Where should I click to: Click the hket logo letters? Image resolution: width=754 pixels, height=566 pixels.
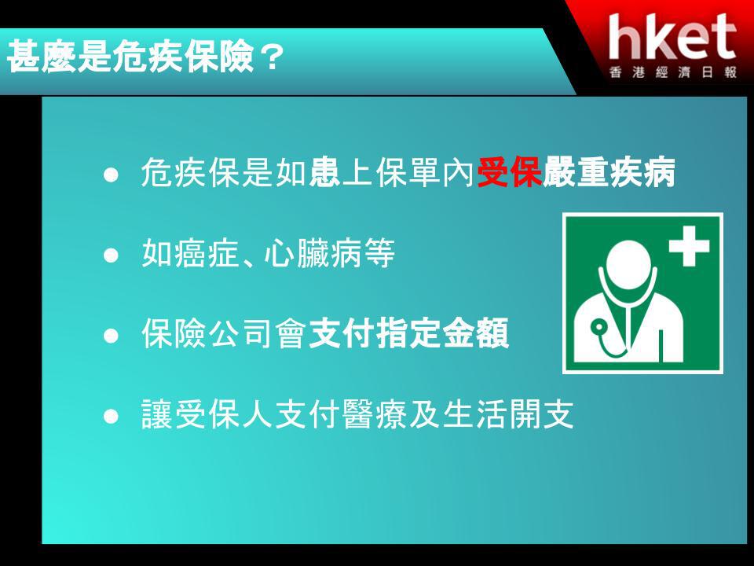click(672, 37)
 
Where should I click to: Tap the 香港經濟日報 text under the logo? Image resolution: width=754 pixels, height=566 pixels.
click(673, 72)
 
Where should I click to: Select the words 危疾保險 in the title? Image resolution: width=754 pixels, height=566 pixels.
click(183, 57)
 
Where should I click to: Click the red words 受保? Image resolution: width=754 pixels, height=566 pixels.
click(510, 172)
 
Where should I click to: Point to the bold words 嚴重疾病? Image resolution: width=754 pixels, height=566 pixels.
click(609, 172)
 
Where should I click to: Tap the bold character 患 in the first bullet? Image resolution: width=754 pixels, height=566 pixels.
click(324, 172)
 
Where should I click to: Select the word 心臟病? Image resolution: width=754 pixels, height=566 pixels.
click(312, 253)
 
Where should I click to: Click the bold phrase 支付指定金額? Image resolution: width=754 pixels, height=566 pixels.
click(408, 333)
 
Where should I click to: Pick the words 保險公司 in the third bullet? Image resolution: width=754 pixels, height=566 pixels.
click(207, 333)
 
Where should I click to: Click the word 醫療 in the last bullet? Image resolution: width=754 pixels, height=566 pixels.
click(375, 414)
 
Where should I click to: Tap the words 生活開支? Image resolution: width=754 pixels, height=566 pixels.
click(508, 414)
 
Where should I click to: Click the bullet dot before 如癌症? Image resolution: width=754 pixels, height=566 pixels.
click(111, 255)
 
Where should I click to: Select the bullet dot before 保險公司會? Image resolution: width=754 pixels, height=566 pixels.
click(111, 336)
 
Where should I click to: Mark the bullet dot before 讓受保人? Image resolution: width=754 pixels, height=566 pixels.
click(111, 416)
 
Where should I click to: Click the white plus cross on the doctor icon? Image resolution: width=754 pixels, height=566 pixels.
click(689, 245)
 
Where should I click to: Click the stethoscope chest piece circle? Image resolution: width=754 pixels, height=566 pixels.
click(598, 329)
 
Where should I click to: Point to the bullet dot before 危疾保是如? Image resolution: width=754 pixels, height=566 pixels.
click(111, 175)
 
